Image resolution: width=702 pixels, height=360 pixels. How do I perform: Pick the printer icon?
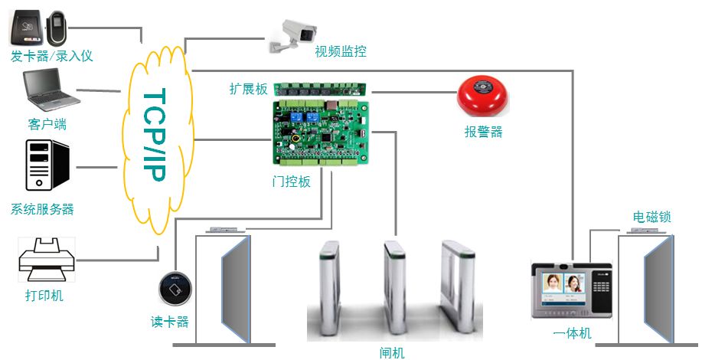click(x=47, y=260)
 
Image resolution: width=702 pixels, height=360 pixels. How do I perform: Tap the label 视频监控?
click(x=341, y=52)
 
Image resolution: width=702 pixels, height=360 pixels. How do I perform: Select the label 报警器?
click(x=483, y=132)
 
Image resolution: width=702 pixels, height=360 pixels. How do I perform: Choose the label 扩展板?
click(x=249, y=89)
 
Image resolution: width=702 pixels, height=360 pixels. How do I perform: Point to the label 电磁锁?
click(x=651, y=218)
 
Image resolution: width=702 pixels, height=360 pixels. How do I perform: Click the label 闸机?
click(x=392, y=352)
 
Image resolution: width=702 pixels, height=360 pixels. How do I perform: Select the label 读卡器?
click(x=169, y=322)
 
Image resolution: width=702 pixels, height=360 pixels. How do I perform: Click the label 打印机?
click(x=44, y=296)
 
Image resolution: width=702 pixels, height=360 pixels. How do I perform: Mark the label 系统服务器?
click(x=43, y=209)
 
